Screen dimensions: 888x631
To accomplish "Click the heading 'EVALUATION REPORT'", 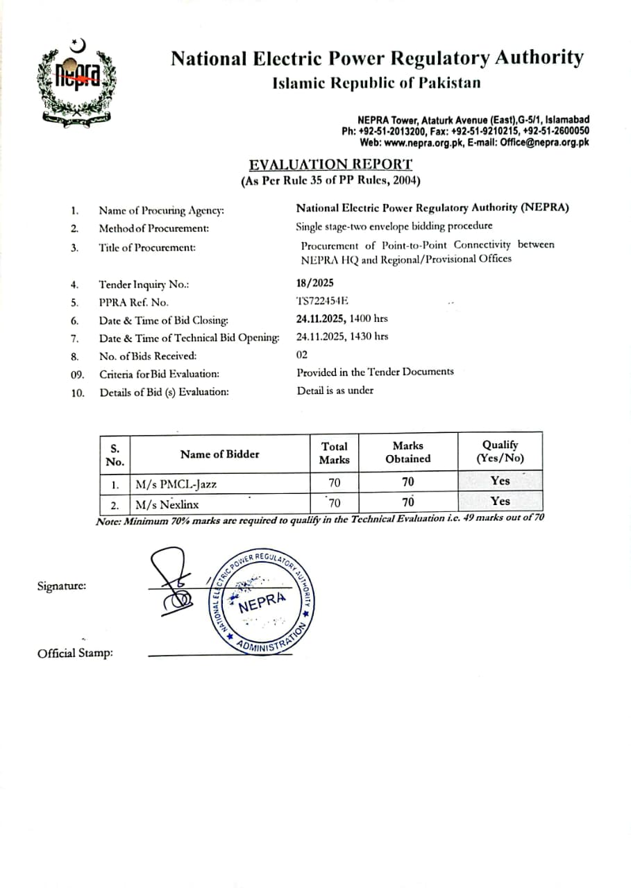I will point(330,164).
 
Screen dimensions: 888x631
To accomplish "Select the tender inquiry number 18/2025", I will point(314,282).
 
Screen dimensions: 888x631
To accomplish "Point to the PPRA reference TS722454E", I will point(323,300).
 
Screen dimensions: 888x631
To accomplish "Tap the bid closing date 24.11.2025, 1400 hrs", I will point(342,318).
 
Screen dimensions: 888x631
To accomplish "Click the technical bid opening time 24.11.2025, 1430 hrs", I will point(342,336).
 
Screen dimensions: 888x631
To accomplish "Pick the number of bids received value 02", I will point(302,355).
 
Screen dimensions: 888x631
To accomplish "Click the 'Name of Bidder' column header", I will point(219,454).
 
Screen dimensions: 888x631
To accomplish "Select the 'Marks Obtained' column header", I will point(407,452).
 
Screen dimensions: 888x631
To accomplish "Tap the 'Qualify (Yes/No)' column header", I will point(500,452).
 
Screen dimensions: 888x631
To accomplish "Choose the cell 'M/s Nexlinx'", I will point(167,504).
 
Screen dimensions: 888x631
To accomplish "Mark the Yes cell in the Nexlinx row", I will point(500,501).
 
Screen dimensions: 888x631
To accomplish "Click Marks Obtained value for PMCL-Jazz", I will point(407,481).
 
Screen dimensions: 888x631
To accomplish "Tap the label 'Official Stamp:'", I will point(75,653).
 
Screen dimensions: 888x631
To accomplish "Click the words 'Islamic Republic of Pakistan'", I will point(376,83).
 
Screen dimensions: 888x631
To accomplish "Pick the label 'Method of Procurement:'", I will point(153,228).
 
